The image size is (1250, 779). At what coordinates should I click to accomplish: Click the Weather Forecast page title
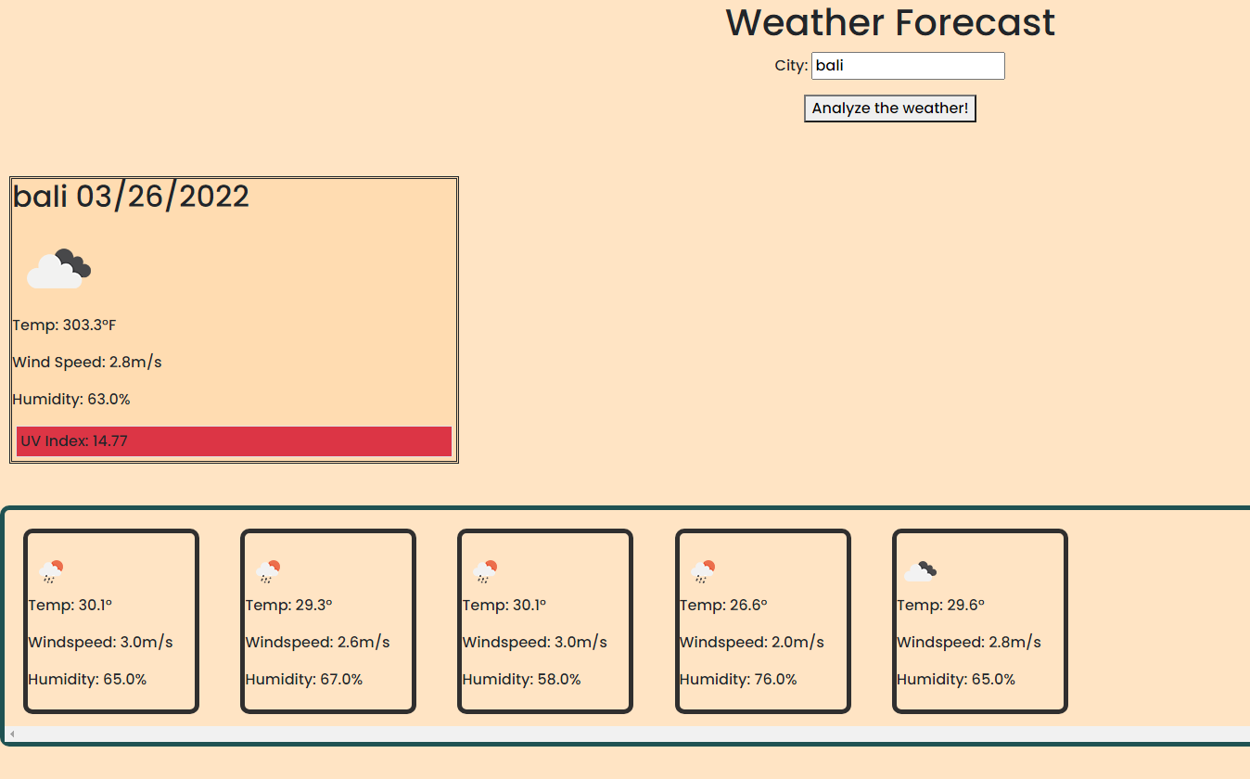(x=890, y=23)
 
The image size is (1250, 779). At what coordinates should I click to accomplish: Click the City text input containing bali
(x=907, y=66)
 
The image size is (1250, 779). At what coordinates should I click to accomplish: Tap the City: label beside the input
(x=791, y=66)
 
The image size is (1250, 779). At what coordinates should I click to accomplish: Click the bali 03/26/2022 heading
(x=131, y=197)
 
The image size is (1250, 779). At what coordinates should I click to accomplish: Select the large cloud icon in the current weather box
(x=58, y=268)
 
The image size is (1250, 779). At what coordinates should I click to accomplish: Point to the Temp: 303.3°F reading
(x=64, y=326)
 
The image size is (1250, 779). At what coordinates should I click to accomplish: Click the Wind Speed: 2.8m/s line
(x=87, y=363)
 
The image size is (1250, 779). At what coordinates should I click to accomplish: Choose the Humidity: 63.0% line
(x=71, y=400)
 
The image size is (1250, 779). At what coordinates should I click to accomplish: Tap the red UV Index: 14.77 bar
(x=234, y=441)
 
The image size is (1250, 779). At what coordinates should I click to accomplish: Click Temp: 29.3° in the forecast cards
(x=289, y=606)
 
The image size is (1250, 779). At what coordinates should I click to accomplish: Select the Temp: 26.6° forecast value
(x=723, y=606)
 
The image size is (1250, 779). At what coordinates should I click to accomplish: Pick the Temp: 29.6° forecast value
(x=940, y=606)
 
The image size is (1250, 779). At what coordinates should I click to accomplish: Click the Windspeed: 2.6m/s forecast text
(x=317, y=643)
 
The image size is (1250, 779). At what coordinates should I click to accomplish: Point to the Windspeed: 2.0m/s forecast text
(x=751, y=643)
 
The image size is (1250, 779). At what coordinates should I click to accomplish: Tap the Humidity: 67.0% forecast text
(x=304, y=680)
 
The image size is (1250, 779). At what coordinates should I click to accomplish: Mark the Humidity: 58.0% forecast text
(x=521, y=680)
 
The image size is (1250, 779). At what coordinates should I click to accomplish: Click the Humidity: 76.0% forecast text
(x=738, y=680)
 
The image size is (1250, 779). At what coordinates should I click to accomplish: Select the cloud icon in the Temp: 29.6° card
(x=920, y=571)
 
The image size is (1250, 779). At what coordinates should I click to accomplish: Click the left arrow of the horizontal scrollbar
(x=12, y=734)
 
